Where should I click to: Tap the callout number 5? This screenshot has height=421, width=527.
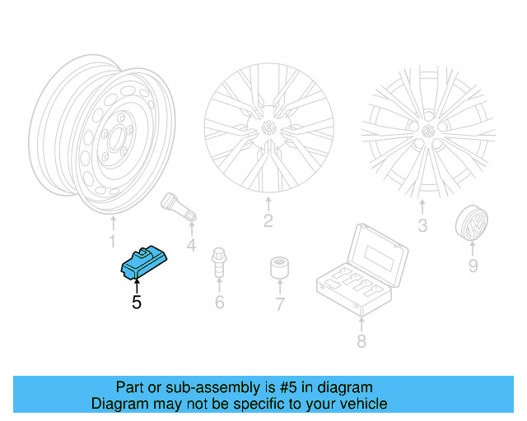pos(137,303)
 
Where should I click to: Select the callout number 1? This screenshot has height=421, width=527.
pos(113,241)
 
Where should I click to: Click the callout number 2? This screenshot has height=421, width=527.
pos(268,220)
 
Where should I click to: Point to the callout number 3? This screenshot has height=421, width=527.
pos(422,225)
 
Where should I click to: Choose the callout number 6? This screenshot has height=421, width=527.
pos(220,303)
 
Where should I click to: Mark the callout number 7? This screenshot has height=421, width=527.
pos(279,305)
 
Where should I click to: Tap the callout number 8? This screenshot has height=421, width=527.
pos(361,340)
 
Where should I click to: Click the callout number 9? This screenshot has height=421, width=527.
pos(473,265)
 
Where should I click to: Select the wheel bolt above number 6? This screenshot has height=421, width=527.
pos(219,261)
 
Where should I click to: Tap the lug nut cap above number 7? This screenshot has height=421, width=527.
pos(279,269)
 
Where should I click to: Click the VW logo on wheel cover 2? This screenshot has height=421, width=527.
pos(268,128)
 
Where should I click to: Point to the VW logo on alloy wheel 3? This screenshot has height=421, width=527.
pos(428,132)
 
